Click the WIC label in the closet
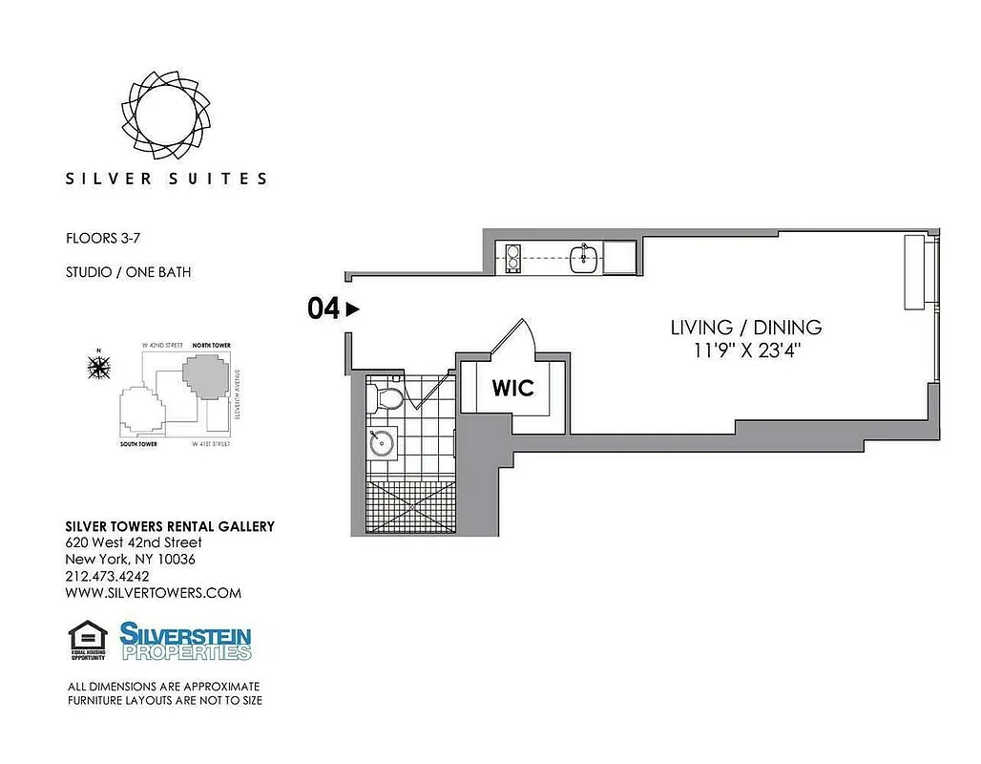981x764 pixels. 512,389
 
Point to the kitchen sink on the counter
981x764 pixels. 584,258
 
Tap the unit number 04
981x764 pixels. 323,308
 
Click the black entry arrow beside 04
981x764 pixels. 352,308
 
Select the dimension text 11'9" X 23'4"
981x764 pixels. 746,350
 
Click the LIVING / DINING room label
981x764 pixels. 746,328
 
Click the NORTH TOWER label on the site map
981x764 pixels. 211,345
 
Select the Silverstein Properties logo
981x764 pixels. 185,641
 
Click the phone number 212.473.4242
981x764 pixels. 107,576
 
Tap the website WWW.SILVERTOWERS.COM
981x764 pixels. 153,593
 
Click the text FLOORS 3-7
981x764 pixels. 103,239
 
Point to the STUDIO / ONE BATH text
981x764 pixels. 128,272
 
